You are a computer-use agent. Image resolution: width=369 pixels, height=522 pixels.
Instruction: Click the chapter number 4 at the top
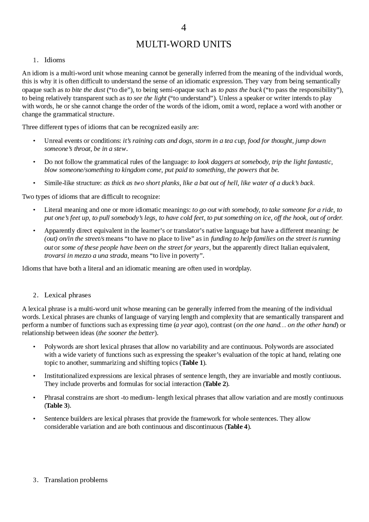pyautogui.click(x=183, y=28)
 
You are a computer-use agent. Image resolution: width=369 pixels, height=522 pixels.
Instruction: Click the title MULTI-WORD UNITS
pyautogui.click(x=183, y=44)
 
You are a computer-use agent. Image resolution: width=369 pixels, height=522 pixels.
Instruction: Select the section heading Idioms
pyautogui.click(x=54, y=60)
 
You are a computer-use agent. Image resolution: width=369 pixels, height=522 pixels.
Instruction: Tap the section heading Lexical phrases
pyautogui.click(x=67, y=295)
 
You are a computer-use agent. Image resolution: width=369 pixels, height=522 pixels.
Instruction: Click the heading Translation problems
pyautogui.click(x=76, y=480)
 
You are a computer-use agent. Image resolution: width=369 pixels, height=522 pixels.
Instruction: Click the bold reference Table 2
pyautogui.click(x=216, y=384)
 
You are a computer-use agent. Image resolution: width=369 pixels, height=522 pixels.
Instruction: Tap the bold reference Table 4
pyautogui.click(x=237, y=427)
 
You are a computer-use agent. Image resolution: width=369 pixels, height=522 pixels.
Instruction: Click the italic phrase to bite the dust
pyautogui.click(x=85, y=90)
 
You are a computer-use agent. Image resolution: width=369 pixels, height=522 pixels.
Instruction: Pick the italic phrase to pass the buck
pyautogui.click(x=240, y=90)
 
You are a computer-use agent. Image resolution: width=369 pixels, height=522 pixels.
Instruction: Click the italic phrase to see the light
pyautogui.click(x=146, y=98)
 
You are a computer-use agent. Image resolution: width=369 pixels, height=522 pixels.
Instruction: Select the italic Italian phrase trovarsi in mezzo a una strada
pyautogui.click(x=86, y=256)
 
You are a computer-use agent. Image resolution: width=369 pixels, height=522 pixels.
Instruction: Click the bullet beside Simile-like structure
pyautogui.click(x=34, y=183)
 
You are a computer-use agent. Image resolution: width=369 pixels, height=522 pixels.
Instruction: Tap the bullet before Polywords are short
pyautogui.click(x=34, y=347)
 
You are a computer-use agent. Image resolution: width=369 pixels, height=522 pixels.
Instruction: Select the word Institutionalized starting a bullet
pyautogui.click(x=67, y=376)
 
